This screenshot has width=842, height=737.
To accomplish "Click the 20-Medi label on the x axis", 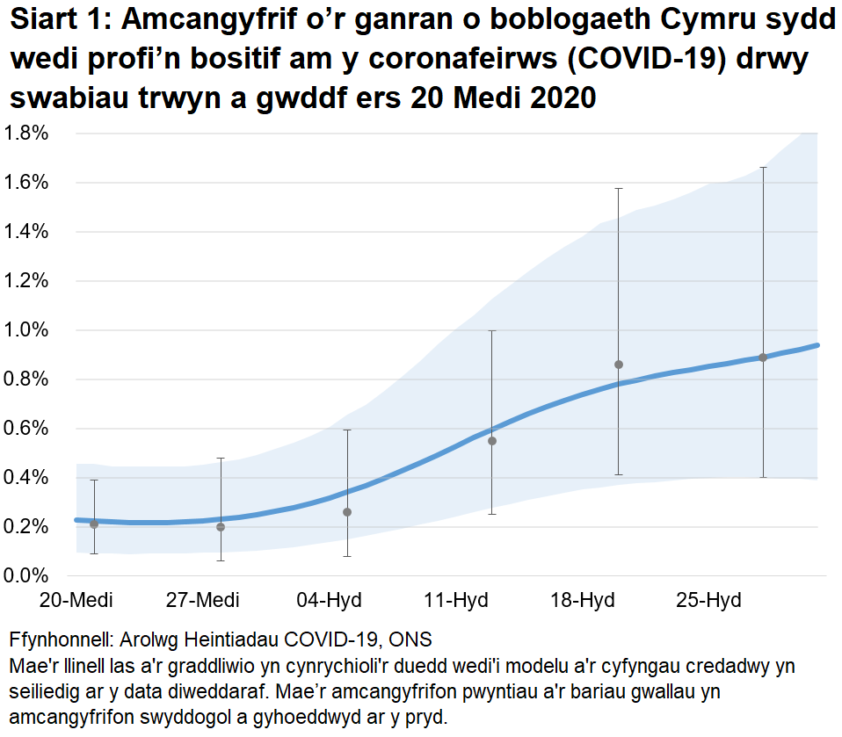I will [76, 601].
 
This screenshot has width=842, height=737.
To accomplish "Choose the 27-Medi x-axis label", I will [202, 601].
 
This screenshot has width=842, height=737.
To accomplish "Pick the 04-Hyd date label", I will [329, 601].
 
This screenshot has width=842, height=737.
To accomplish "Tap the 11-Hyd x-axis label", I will [455, 601].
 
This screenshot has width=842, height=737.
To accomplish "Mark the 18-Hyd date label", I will [582, 601].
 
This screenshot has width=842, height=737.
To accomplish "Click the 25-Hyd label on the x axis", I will [708, 601].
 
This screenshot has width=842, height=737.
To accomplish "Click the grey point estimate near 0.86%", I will [619, 365].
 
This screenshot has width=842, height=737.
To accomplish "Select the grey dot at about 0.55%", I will [492, 441].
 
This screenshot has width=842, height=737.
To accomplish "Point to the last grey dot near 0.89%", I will [763, 358].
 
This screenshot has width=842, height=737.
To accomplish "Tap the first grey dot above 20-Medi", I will [94, 524].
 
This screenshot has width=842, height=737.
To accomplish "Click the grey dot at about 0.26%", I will [347, 512].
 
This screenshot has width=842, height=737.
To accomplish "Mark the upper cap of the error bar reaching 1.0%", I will [492, 331].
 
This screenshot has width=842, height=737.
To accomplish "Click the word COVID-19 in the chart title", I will [665, 64].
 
